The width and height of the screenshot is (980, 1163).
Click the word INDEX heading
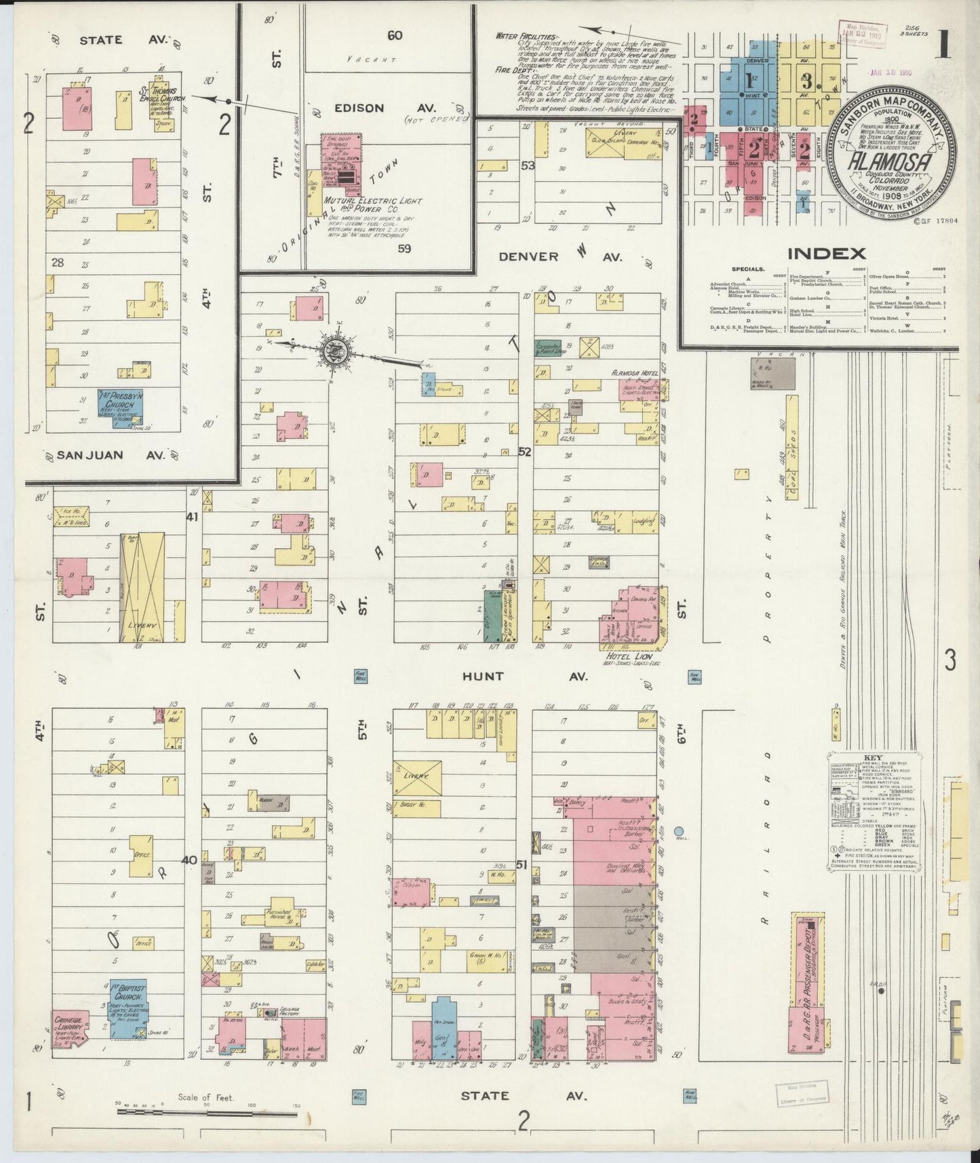(826, 254)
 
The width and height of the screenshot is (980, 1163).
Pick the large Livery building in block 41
(142, 587)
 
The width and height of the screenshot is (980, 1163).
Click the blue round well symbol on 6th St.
(679, 831)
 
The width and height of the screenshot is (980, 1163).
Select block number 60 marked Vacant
(394, 35)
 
